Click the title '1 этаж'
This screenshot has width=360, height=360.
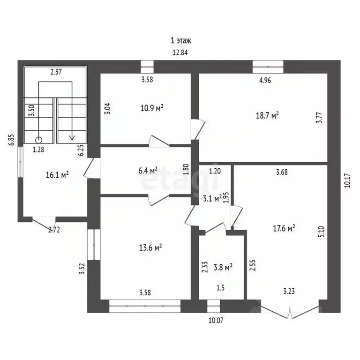pyautogui.click(x=180, y=41)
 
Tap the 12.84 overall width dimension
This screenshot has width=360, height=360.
pyautogui.click(x=180, y=52)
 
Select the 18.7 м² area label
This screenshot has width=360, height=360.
pyautogui.click(x=268, y=115)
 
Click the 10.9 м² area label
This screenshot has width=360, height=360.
pyautogui.click(x=152, y=108)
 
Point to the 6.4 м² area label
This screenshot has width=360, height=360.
pyautogui.click(x=148, y=170)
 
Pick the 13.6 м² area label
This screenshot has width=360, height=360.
pyautogui.click(x=150, y=247)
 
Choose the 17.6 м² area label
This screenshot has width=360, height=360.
pyautogui.click(x=284, y=228)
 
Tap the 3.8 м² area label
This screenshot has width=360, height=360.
pyautogui.click(x=223, y=267)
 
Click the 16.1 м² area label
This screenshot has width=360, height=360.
pyautogui.click(x=57, y=175)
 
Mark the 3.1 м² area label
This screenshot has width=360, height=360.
pyautogui.click(x=212, y=198)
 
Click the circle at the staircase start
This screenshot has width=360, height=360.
pyautogui.click(x=38, y=140)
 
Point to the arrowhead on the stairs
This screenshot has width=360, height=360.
pyautogui.click(x=72, y=137)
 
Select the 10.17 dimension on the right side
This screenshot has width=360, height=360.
pyautogui.click(x=347, y=180)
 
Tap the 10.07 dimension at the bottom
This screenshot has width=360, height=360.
pyautogui.click(x=216, y=320)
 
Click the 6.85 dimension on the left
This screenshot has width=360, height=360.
pyautogui.click(x=11, y=140)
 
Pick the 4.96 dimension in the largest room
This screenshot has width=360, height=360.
pyautogui.click(x=265, y=80)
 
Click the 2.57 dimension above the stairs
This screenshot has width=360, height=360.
pyautogui.click(x=56, y=72)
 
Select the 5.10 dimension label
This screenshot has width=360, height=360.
pyautogui.click(x=322, y=232)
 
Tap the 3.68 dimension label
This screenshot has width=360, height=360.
pyautogui.click(x=282, y=172)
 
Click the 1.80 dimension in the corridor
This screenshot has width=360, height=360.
pyautogui.click(x=186, y=169)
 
